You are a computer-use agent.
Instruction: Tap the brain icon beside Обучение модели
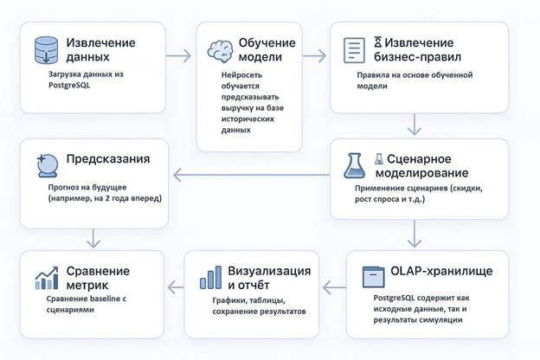click(x=219, y=51)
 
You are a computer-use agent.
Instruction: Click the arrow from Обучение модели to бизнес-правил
click(x=314, y=58)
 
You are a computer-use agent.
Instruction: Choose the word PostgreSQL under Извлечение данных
click(x=70, y=87)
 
